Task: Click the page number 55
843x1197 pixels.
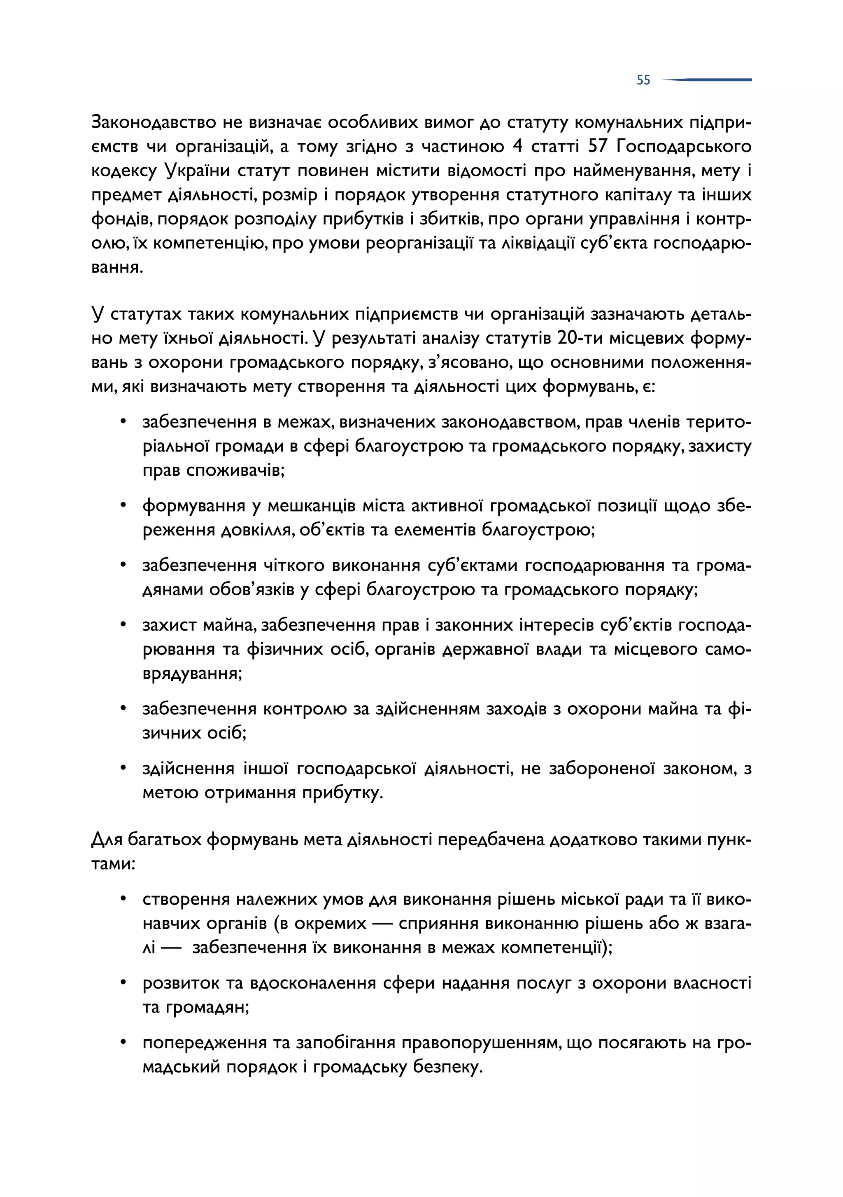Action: pyautogui.click(x=643, y=80)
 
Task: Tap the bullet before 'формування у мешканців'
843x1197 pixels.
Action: pyautogui.click(x=123, y=505)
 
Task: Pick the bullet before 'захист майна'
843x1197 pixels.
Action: pyautogui.click(x=123, y=624)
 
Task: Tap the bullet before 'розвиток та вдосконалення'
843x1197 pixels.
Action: pyautogui.click(x=123, y=983)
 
